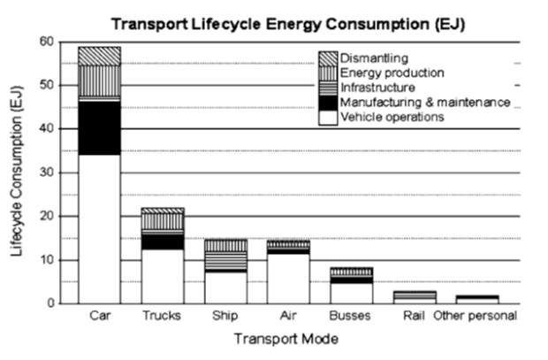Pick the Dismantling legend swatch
tap(328, 59)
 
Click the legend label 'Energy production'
tap(392, 73)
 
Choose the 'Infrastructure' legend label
tap(377, 88)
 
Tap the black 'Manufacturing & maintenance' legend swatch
tap(328, 103)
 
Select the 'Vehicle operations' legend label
tap(392, 117)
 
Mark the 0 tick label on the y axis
tap(49, 303)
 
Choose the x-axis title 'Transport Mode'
tap(286, 339)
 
